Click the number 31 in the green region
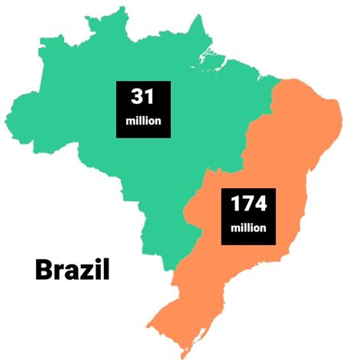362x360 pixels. pos(143,97)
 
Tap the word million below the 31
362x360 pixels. pos(143,122)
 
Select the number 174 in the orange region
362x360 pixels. pos(248,205)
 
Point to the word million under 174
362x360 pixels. pos(248,228)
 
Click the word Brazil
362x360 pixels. pos(73,270)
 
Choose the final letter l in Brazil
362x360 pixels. pos(108,269)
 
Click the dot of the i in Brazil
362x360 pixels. pos(101,261)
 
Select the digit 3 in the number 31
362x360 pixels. pos(136,97)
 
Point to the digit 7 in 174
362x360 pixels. pos(248,205)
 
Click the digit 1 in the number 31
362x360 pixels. pos(150,97)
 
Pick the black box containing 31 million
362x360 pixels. pos(143,109)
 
